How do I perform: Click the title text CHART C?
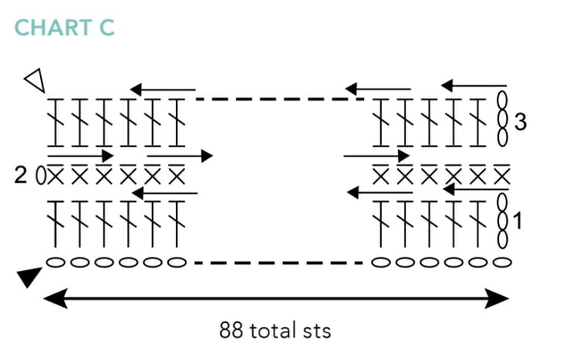65,29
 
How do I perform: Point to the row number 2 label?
21,176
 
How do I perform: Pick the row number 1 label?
518,221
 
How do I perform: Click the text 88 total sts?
275,331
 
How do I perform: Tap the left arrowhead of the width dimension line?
52,298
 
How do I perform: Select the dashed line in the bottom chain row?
279,263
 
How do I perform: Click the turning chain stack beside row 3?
502,119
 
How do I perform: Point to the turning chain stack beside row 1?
502,220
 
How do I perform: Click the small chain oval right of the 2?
40,176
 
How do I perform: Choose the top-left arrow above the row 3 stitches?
162,90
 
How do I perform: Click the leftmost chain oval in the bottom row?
56,262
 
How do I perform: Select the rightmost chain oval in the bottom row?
502,262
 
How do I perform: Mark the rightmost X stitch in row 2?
502,176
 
